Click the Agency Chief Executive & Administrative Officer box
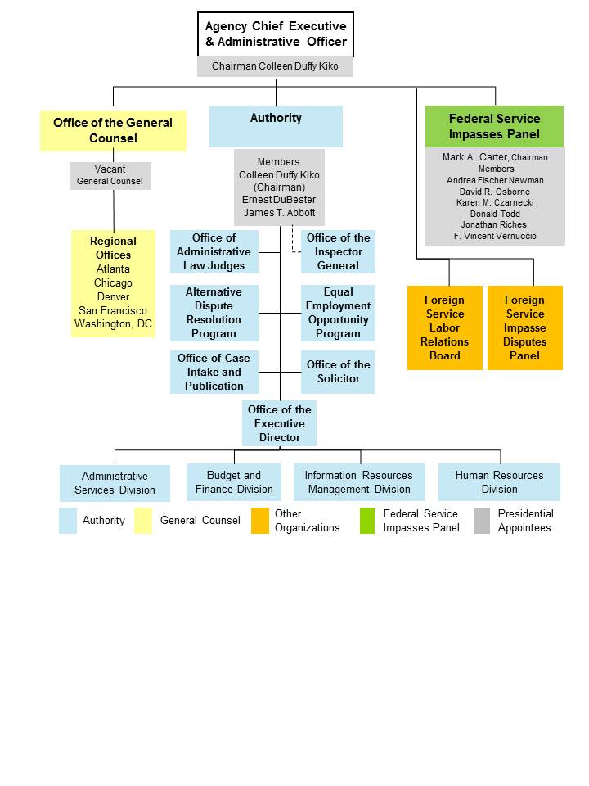276,34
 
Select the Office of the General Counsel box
113,130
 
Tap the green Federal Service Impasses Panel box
494,126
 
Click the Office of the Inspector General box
338,251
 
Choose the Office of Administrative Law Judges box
214,251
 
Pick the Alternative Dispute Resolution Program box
214,313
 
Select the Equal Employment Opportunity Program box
338,313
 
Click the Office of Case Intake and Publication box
214,372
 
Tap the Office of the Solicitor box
338,372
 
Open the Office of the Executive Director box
279,423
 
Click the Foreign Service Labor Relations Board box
445,327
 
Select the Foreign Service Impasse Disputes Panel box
524,327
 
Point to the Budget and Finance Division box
234,482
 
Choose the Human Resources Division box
499,482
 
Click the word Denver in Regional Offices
113,296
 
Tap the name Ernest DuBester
279,200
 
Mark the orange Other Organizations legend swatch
260,521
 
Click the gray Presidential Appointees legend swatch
483,521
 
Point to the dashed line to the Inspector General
293,242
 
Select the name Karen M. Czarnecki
494,202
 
